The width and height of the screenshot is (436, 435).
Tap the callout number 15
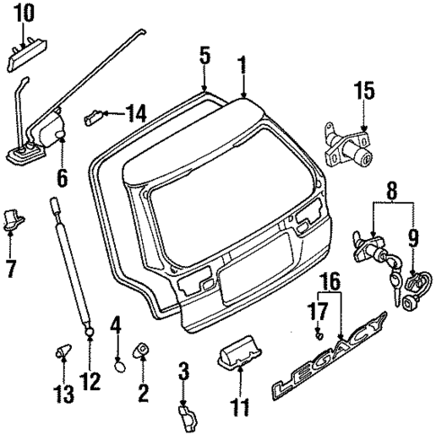click(362, 92)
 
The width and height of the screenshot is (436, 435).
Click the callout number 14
click(137, 114)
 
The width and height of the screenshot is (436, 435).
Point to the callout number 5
click(205, 56)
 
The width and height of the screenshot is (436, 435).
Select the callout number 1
click(241, 64)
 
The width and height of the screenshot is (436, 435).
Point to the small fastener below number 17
click(318, 334)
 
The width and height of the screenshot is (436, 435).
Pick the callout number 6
click(62, 178)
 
